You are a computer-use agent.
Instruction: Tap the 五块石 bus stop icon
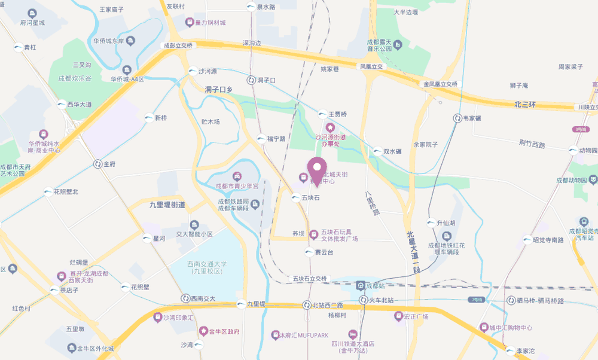(295, 197)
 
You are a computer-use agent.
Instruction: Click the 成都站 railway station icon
(360, 285)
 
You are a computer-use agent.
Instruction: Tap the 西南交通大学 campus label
(206, 267)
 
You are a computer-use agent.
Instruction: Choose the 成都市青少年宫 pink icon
(237, 176)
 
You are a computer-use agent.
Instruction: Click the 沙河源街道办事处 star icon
(329, 127)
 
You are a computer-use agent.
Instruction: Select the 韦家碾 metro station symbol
(457, 118)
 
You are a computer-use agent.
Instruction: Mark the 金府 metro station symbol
(97, 163)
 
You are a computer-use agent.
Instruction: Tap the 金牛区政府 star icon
(203, 331)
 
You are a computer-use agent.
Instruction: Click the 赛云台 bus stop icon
(309, 252)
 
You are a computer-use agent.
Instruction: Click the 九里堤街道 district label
(167, 205)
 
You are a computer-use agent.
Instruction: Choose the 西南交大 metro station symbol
(185, 298)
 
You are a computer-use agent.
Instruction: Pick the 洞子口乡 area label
(218, 90)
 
